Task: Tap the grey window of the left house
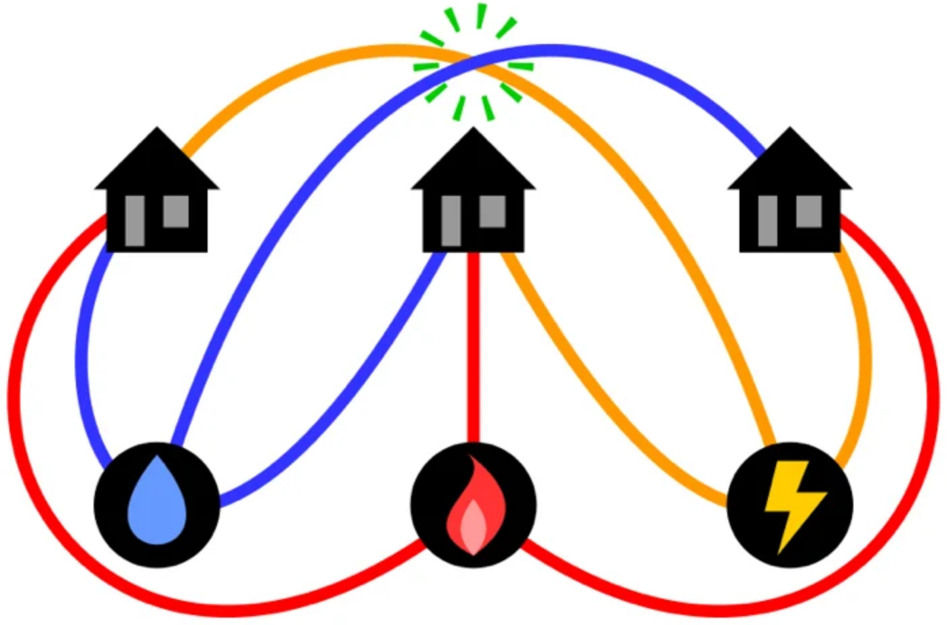tap(176, 211)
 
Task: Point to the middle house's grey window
tap(492, 211)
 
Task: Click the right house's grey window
tap(809, 211)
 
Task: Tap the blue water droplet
tap(157, 502)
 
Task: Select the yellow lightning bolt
tap(793, 502)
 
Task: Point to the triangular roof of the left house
tap(157, 163)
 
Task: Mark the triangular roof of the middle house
tap(473, 163)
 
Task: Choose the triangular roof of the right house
tap(790, 163)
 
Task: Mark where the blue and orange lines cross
tap(473, 66)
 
